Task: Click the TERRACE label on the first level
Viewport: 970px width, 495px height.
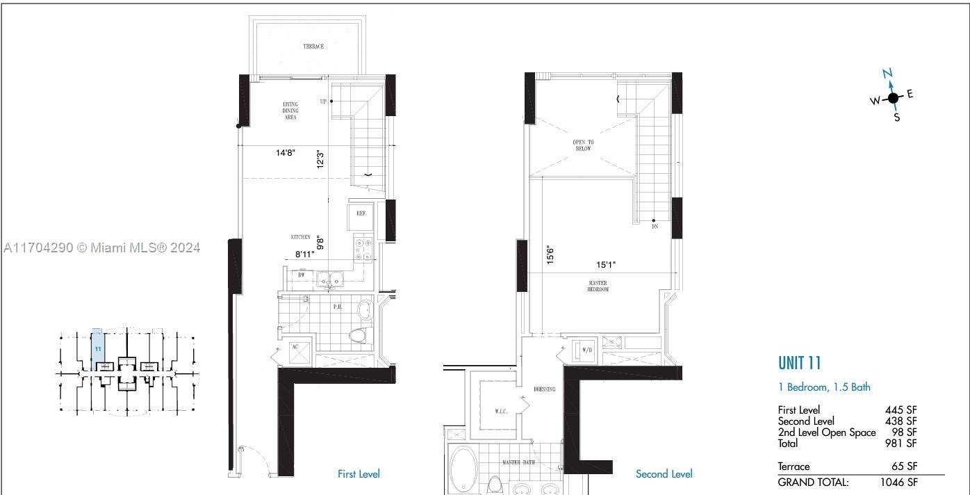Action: click(313, 47)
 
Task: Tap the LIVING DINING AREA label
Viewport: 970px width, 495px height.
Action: click(290, 111)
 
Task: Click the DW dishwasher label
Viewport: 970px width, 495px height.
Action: click(302, 275)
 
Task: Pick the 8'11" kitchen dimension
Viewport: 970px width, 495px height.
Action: click(304, 254)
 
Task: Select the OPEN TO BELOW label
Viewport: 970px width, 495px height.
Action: click(583, 145)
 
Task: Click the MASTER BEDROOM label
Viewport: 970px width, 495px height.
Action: click(598, 286)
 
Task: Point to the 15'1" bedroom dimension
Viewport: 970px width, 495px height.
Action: click(606, 265)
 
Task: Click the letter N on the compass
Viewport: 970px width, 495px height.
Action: click(887, 74)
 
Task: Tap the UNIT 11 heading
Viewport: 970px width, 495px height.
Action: click(799, 363)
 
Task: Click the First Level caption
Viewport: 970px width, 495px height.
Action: click(359, 474)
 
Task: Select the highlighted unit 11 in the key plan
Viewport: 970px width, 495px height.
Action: click(99, 347)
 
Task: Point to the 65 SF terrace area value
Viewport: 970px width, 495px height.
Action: click(904, 466)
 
